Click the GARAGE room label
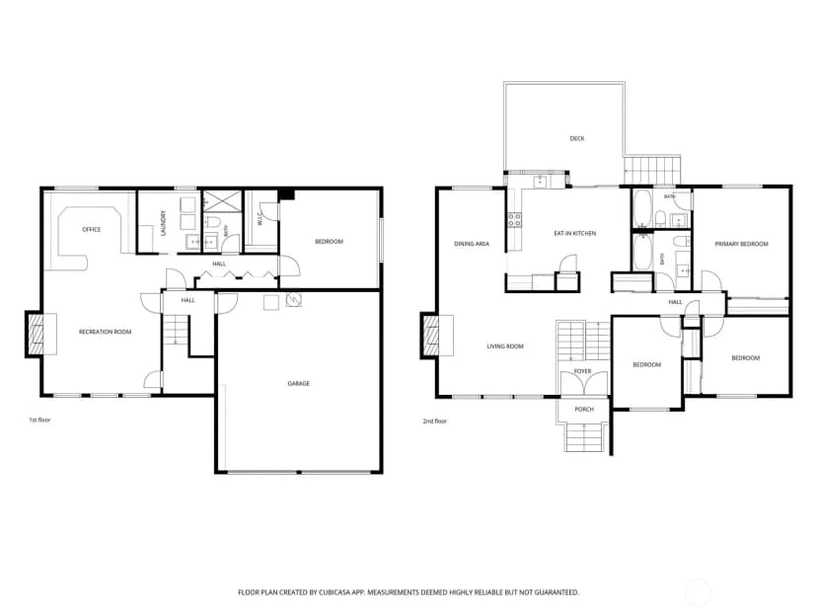coord(299,384)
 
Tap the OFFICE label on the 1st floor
coord(91,229)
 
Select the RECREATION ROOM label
coord(105,332)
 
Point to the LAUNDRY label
coord(164,224)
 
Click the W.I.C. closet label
coord(260,220)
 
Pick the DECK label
coord(577,138)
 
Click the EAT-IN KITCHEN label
coord(574,234)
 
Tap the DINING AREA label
coord(472,244)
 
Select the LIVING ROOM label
coord(505,346)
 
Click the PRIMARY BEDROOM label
coord(741,244)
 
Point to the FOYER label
coord(582,371)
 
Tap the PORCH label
coord(584,410)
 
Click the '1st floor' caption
coord(39,420)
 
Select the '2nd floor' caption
coord(434,421)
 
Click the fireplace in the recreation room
coord(35,334)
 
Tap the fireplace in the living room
coord(430,336)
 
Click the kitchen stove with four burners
coord(514,219)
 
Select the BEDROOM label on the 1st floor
coord(329,241)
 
